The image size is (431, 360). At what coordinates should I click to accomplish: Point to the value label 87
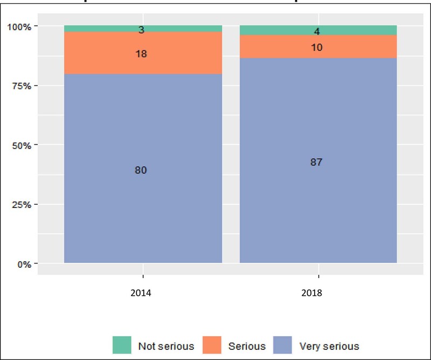click(x=317, y=162)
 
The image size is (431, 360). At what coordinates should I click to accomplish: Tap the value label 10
click(x=317, y=47)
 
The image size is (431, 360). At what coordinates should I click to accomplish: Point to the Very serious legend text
click(x=329, y=346)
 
